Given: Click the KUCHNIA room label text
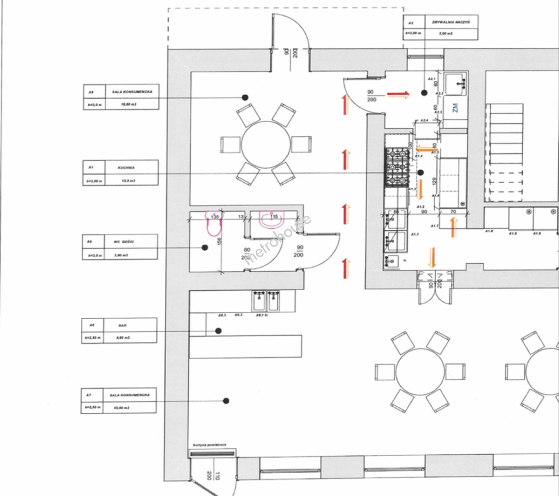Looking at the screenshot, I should [x=126, y=168].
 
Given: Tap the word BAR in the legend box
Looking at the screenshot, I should [x=122, y=325].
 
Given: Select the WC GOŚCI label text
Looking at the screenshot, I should [x=124, y=242].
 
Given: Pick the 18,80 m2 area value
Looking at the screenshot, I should [x=128, y=105].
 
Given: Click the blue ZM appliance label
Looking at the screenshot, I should [x=455, y=108].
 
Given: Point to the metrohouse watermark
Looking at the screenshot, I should [x=278, y=240].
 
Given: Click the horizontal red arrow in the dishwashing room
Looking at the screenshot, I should [x=398, y=95].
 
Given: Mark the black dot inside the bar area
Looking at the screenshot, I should [x=219, y=331].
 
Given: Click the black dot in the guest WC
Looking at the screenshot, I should [x=205, y=248].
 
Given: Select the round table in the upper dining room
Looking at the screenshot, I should [x=266, y=145].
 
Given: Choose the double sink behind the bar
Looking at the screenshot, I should [x=267, y=301].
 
